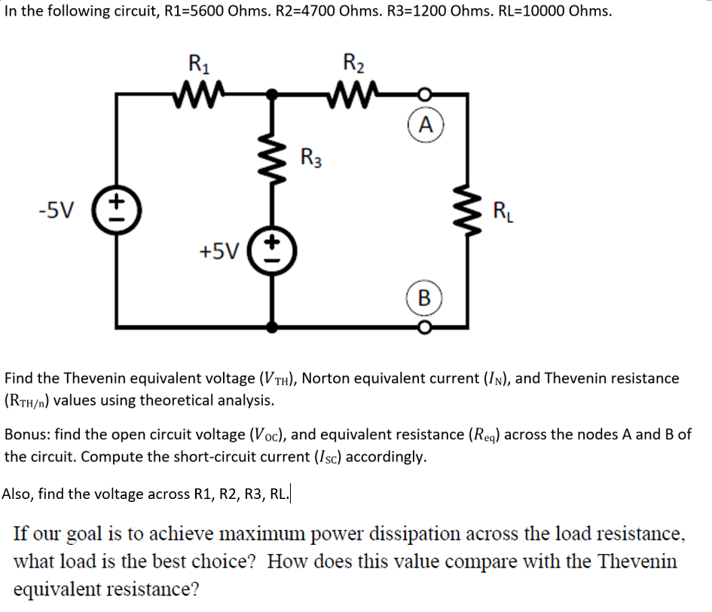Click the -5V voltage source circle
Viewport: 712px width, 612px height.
[116, 204]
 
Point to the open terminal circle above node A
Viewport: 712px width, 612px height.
[426, 96]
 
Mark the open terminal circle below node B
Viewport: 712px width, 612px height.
[426, 327]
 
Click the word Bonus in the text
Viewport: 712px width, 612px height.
[26, 435]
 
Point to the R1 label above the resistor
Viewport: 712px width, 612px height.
[198, 63]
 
